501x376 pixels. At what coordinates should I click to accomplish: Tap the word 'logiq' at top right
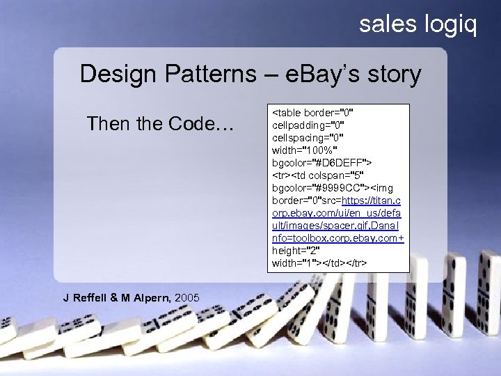coord(450,26)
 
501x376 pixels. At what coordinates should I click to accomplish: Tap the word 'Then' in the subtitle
coord(108,124)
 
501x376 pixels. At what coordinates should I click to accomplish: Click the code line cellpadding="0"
coord(308,125)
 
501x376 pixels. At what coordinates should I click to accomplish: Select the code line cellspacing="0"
coord(308,137)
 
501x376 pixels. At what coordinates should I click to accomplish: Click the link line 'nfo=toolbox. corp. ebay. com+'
coord(338,237)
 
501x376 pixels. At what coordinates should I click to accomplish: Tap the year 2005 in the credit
coord(187,298)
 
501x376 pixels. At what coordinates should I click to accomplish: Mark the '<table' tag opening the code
coord(287,112)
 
